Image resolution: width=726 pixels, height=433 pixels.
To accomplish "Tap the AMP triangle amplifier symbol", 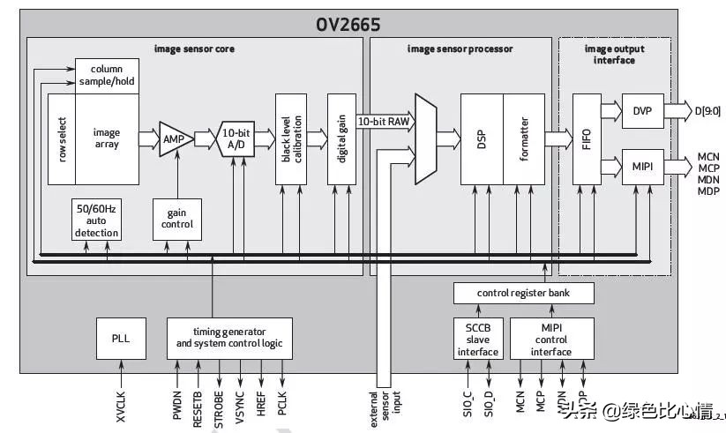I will (172, 138).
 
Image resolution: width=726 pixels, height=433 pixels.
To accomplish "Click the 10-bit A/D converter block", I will (235, 138).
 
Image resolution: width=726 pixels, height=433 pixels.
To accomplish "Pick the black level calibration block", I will (291, 138).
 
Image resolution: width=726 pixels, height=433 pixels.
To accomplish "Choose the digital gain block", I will (341, 138).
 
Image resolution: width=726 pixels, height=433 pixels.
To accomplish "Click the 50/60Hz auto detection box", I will (96, 220).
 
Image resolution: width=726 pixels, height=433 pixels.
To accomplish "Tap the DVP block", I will (641, 111).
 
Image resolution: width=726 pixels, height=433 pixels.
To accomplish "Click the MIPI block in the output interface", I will (641, 166).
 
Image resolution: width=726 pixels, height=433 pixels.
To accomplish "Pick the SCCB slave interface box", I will (477, 339).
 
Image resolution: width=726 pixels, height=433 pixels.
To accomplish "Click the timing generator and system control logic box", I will (228, 337).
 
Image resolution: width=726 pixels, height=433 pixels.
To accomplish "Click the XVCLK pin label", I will (122, 400).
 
